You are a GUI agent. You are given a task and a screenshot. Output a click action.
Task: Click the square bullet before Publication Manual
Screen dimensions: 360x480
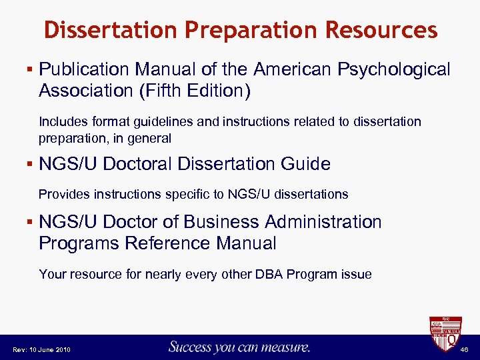[x=31, y=69]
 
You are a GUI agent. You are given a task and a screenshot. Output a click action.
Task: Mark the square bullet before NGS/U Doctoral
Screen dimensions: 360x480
[x=31, y=163]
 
